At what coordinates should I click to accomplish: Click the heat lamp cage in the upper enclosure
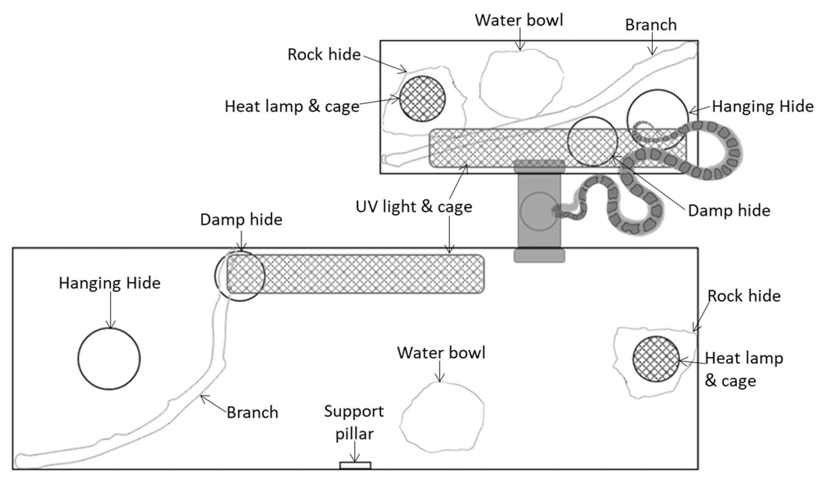422,99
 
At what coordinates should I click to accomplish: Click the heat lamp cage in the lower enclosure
656,359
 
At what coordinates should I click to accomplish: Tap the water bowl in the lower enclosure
442,417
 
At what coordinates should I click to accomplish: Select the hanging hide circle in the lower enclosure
109,359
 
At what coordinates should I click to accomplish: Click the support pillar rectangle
355,465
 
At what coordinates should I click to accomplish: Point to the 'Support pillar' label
354,422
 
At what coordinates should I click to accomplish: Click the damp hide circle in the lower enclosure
239,276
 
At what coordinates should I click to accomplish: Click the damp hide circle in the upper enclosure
592,141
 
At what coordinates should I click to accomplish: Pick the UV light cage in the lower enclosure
355,274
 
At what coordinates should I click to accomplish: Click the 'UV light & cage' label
413,207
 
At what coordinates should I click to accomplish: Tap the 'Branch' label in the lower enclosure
252,412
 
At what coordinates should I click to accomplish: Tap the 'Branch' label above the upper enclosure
651,25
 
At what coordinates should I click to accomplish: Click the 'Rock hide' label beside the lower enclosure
744,296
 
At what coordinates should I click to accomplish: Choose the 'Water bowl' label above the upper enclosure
519,20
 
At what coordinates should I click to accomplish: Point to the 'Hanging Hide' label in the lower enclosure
109,283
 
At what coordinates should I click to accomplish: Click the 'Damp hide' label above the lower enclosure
241,220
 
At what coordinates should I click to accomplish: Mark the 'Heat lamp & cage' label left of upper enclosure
292,106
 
